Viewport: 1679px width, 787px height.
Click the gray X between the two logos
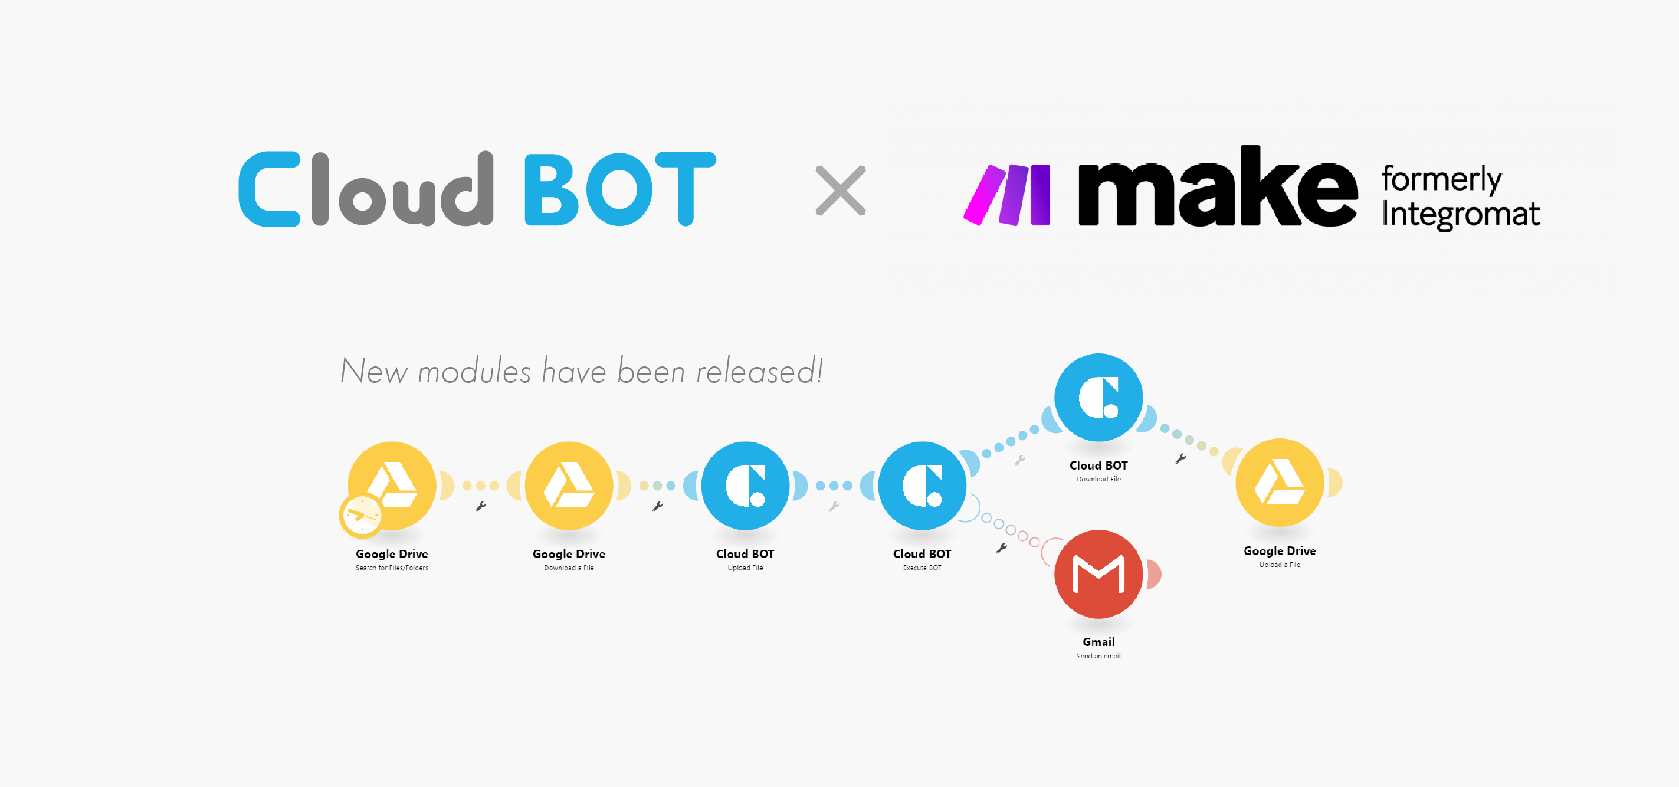tap(840, 191)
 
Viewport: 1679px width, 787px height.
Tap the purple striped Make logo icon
tap(1007, 195)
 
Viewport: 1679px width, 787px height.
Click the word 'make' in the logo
tap(1217, 191)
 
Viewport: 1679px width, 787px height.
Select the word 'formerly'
tap(1441, 179)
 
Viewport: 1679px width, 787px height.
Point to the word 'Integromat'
tap(1460, 215)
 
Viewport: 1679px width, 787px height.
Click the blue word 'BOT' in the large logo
tap(619, 189)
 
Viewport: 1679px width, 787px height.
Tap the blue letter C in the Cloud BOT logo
tap(269, 189)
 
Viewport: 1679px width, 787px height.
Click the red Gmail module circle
tap(1098, 574)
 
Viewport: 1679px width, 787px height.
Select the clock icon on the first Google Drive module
tap(360, 516)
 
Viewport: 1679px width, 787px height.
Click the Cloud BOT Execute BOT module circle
tap(922, 486)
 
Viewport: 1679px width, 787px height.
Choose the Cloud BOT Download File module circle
tap(1098, 398)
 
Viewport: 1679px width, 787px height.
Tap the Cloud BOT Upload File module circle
tap(745, 486)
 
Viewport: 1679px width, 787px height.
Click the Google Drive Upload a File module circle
tap(1280, 483)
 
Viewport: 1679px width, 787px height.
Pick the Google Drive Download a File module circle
tap(568, 486)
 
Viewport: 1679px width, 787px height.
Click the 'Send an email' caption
tap(1098, 656)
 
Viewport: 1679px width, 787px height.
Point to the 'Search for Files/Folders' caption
tap(392, 568)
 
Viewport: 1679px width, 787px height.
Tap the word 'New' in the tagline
tap(374, 372)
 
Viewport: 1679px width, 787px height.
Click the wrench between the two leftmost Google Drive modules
tap(480, 506)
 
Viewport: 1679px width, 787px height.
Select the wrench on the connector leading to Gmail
tap(1002, 548)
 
